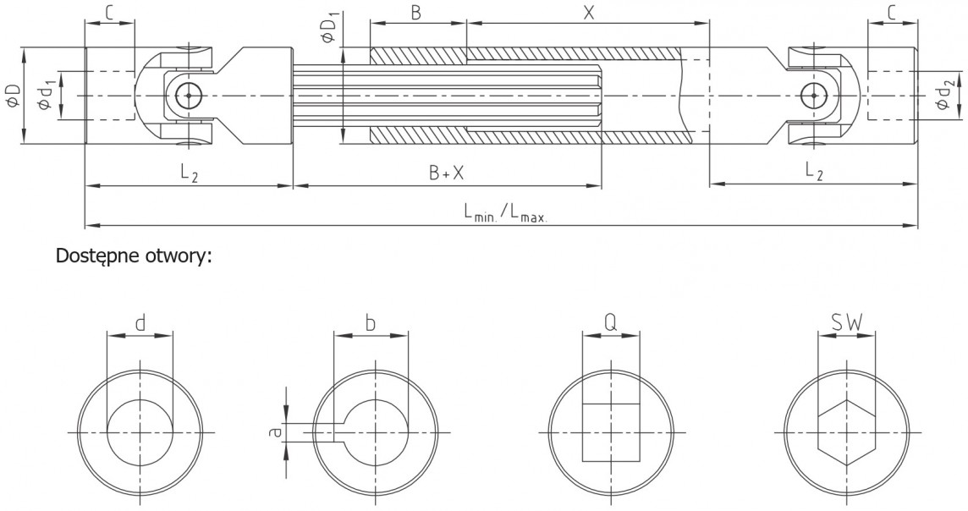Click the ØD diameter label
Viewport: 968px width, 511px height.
pyautogui.click(x=14, y=95)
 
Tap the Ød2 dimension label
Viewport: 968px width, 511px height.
pyautogui.click(x=944, y=96)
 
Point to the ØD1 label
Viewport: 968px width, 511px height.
pyautogui.click(x=329, y=29)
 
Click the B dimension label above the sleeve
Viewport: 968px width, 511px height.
pyautogui.click(x=416, y=13)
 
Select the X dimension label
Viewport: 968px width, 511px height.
pyautogui.click(x=588, y=13)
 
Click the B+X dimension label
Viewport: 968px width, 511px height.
pyautogui.click(x=446, y=173)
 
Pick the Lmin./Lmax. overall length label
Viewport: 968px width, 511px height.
pyautogui.click(x=506, y=213)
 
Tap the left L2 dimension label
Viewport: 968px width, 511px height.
pyautogui.click(x=190, y=173)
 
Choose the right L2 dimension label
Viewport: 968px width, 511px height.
pyautogui.click(x=814, y=173)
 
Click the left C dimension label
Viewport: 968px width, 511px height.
pyautogui.click(x=108, y=13)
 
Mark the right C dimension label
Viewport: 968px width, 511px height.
pyautogui.click(x=892, y=13)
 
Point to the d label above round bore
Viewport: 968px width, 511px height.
pyautogui.click(x=140, y=323)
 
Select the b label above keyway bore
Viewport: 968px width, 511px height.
pyautogui.click(x=370, y=323)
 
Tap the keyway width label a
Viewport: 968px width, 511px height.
pyautogui.click(x=276, y=432)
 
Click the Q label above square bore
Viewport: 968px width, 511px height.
pyautogui.click(x=610, y=323)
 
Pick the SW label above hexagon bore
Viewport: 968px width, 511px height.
pyautogui.click(x=846, y=322)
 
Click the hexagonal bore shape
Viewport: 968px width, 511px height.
pyautogui.click(x=846, y=432)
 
